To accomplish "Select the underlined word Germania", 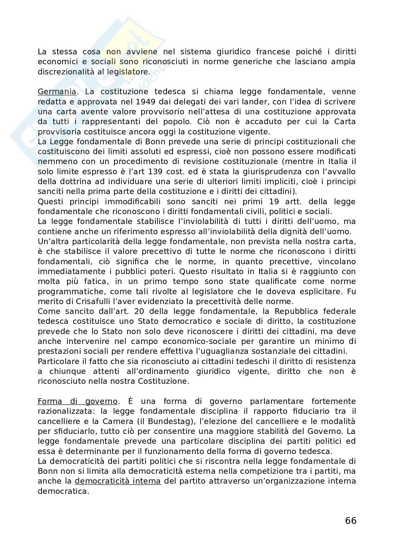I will click(56, 92).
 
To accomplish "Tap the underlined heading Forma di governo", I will click(77, 401).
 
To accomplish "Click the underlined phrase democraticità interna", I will click(118, 481).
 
